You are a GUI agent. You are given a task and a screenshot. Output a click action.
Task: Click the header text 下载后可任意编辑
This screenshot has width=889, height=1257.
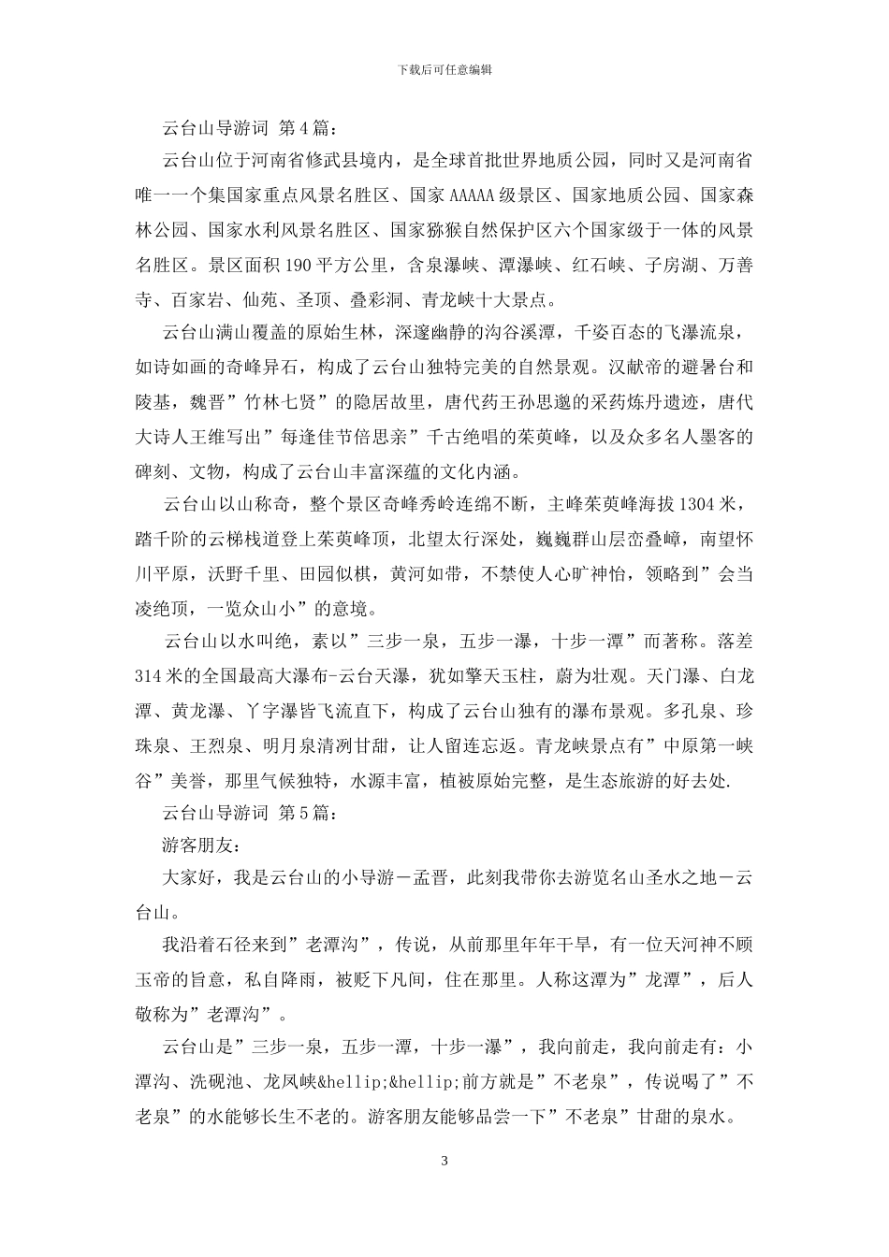point(444,69)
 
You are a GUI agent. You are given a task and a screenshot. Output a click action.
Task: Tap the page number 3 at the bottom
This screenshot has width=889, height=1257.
point(444,1162)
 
